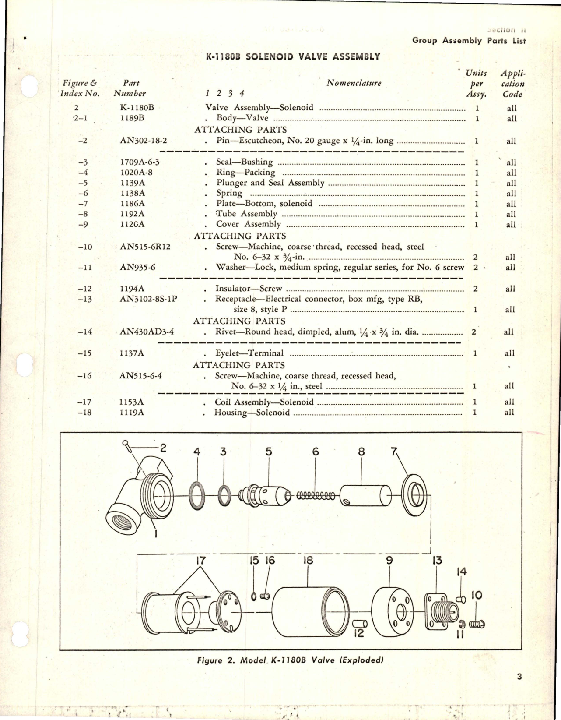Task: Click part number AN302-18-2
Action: click(x=143, y=141)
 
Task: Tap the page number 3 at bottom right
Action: click(x=519, y=677)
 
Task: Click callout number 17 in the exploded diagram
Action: click(x=201, y=561)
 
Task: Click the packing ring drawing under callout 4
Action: click(x=197, y=495)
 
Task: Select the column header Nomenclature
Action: click(x=354, y=83)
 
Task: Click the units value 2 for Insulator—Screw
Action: click(x=476, y=289)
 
